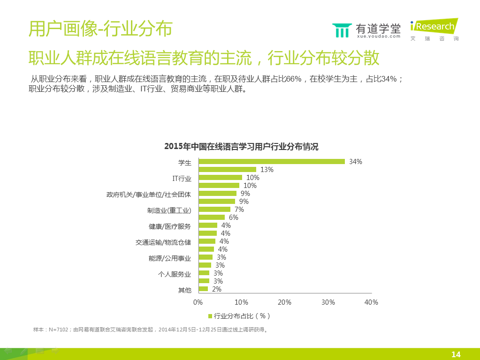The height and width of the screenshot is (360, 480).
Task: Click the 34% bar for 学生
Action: pos(272,161)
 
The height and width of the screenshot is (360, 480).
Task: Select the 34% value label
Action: pos(356,162)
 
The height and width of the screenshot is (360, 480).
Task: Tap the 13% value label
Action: pos(267,170)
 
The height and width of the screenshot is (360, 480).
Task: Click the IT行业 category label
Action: pos(182,178)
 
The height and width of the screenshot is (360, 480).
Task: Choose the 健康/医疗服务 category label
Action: pos(170,226)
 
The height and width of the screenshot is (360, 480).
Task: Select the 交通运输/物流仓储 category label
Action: pos(163,242)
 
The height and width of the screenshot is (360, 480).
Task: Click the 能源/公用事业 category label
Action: pos(170,258)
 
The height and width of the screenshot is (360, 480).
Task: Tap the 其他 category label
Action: pos(184,290)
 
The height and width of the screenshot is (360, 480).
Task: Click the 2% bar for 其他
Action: pos(203,289)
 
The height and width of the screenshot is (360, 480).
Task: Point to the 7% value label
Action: pos(239,210)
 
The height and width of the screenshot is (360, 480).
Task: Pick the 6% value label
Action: pos(234,217)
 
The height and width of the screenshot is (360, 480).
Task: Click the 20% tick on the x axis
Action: pos(285,302)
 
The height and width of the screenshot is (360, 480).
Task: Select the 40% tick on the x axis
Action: pos(371,302)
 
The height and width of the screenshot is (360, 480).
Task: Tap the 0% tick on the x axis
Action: pos(198,302)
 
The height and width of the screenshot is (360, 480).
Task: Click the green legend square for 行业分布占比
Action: pos(210,315)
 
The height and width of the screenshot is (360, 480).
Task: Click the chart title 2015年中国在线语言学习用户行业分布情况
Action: pos(241,147)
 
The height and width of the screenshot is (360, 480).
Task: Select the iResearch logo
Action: pos(434,29)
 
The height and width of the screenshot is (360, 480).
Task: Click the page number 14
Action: pos(456,354)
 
